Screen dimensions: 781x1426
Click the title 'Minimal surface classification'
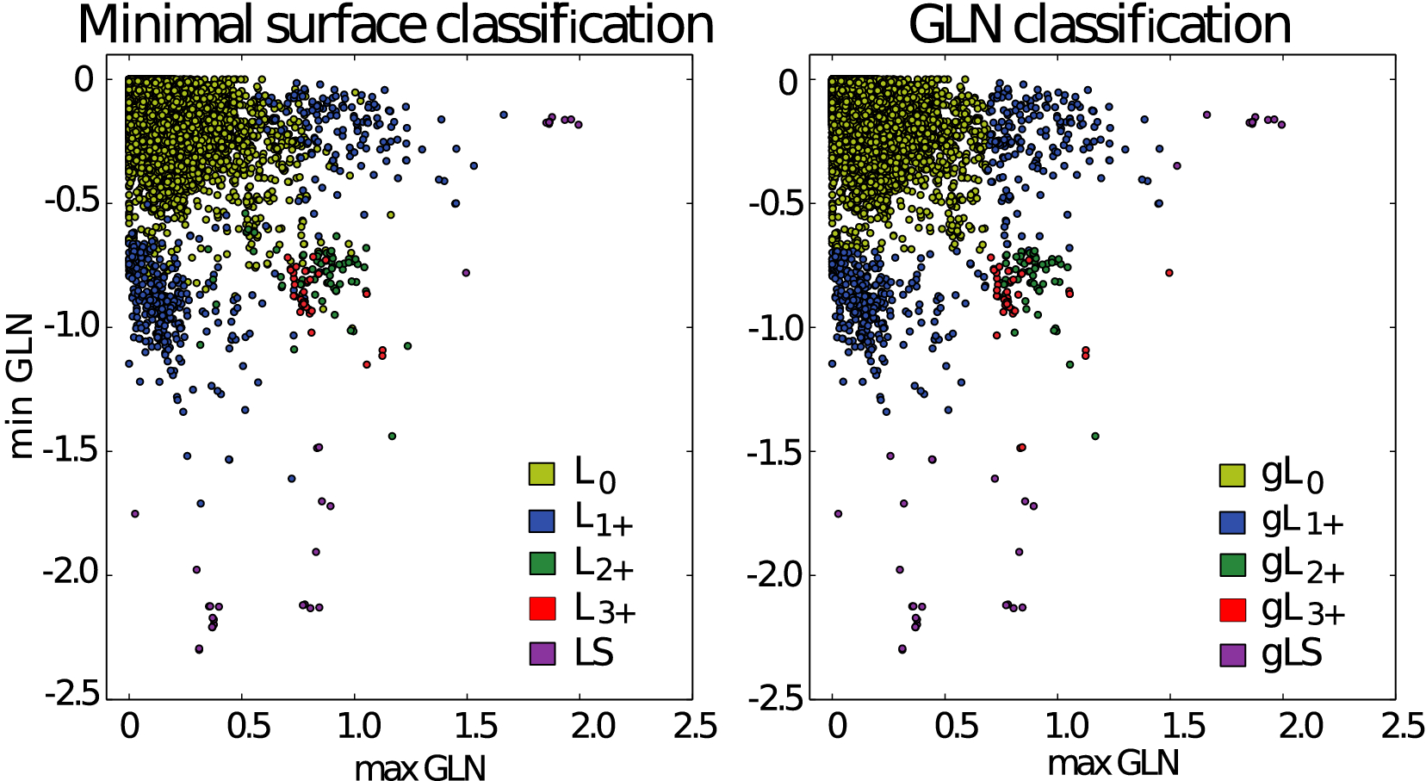[395, 25]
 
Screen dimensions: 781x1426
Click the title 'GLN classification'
[1099, 25]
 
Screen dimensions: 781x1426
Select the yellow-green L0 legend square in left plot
[542, 474]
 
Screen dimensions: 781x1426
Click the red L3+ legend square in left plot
[542, 608]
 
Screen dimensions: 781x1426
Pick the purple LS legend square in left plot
[542, 654]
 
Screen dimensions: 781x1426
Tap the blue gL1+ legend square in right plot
[1233, 522]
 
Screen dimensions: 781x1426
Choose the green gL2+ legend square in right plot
[1233, 565]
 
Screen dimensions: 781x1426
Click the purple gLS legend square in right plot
[1233, 654]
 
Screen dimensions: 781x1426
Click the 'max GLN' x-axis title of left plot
[419, 767]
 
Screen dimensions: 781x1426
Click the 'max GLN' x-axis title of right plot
[1113, 763]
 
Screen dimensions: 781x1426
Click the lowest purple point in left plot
[199, 649]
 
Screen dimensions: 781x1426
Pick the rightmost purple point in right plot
[1281, 125]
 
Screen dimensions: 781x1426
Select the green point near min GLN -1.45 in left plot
[392, 436]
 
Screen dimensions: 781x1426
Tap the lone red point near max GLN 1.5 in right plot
[1169, 273]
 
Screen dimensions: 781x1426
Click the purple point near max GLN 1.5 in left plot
[466, 273]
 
